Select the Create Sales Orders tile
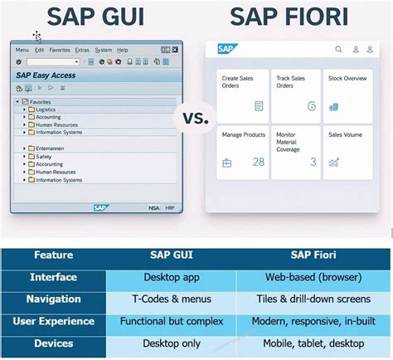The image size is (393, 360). [x=242, y=95]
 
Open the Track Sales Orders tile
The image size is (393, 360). [x=296, y=95]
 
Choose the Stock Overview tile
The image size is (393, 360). [x=348, y=95]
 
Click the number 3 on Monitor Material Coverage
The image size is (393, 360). [x=313, y=162]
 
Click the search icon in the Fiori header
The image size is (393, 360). [x=338, y=50]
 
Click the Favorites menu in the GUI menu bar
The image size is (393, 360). [x=60, y=50]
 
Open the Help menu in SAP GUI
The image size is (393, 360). [x=123, y=50]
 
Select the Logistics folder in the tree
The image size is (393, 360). [x=46, y=109]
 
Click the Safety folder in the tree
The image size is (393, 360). [x=43, y=156]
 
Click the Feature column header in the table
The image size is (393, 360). [x=53, y=256]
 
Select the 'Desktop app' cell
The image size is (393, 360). [x=171, y=277]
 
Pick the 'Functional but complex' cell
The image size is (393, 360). [x=171, y=320]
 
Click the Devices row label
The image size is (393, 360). [x=53, y=342]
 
